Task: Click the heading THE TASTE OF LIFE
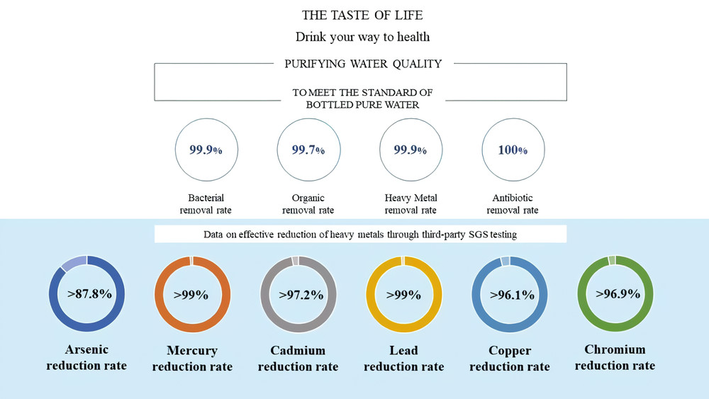(x=363, y=15)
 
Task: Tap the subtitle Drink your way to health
(x=363, y=37)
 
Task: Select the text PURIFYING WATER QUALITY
(x=363, y=64)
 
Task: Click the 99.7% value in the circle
(x=308, y=150)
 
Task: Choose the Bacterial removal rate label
(x=206, y=204)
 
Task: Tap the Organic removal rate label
(x=308, y=204)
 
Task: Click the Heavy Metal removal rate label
(x=411, y=204)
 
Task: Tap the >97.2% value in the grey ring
(x=298, y=294)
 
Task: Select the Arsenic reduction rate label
(x=86, y=358)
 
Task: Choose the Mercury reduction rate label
(x=192, y=359)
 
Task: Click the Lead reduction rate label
(x=403, y=359)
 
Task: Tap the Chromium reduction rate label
(x=615, y=358)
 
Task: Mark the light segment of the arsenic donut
(x=73, y=263)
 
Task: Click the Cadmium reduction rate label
(x=298, y=359)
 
